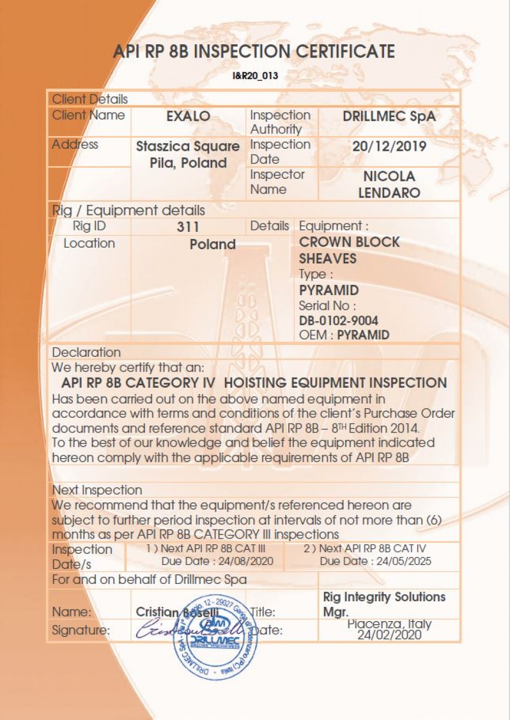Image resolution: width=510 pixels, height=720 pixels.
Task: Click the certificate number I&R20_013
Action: coord(255,76)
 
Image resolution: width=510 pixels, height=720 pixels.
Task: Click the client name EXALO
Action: coord(188,116)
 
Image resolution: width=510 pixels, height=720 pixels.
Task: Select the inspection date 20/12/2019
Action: coord(389,147)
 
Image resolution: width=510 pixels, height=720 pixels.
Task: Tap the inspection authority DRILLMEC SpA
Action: coord(389,116)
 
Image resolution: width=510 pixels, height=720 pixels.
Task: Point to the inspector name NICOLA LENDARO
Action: coord(389,184)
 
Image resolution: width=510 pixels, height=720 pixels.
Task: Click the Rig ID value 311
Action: coord(188,227)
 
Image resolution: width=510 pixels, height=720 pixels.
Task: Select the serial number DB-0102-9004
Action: coord(339,321)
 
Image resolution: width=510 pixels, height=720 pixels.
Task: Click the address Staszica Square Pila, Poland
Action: coord(188,155)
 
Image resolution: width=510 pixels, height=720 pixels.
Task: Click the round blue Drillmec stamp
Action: coord(215,637)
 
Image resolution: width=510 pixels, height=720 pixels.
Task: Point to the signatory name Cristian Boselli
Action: coord(176,612)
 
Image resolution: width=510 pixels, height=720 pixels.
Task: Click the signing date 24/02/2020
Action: coord(389,635)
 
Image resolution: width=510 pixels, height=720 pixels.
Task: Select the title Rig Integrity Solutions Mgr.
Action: coord(384,604)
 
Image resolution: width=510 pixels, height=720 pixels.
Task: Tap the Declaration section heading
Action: coord(86,353)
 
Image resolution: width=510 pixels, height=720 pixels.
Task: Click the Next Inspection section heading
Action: coord(97,490)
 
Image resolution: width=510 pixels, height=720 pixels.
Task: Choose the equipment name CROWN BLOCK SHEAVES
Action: coord(349,250)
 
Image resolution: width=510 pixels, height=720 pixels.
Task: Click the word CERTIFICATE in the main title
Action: coord(345,51)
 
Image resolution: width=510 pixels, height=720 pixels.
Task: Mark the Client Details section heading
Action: coord(90,99)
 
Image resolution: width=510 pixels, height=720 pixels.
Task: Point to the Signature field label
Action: coord(81,630)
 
